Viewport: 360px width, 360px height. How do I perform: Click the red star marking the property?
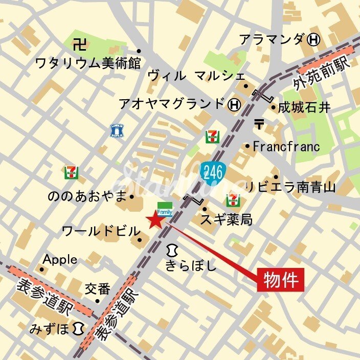click(x=155, y=220)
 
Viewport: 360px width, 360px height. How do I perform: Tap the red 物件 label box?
click(x=280, y=280)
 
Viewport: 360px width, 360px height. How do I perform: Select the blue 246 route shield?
click(x=212, y=172)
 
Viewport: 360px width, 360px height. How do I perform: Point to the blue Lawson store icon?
click(x=118, y=131)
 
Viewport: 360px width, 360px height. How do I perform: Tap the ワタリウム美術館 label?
click(x=87, y=63)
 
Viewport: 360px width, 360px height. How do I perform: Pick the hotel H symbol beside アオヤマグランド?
click(x=234, y=104)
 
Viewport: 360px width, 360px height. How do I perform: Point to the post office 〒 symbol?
click(x=259, y=124)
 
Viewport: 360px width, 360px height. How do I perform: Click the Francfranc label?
click(x=286, y=147)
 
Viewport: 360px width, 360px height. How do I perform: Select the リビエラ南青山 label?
click(x=290, y=187)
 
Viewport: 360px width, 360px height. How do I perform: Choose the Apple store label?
click(x=60, y=259)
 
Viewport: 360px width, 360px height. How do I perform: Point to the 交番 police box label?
click(x=97, y=289)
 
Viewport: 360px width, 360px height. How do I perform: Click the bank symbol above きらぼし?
click(x=171, y=250)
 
